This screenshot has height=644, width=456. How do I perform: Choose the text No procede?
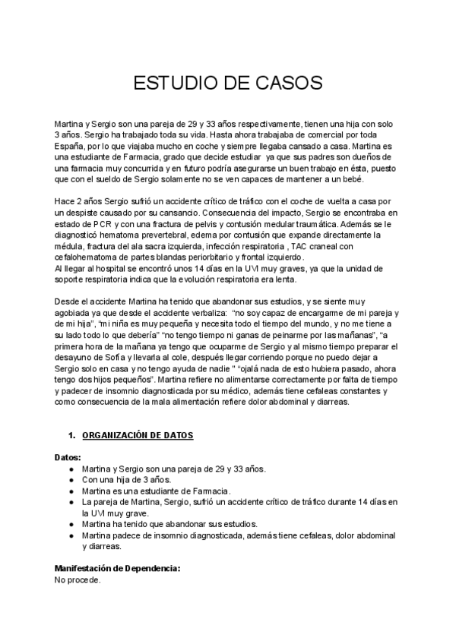coord(77,579)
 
